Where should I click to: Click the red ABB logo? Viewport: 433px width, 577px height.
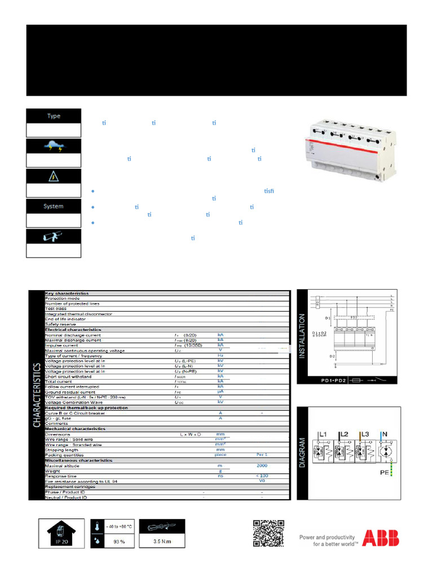tap(380, 538)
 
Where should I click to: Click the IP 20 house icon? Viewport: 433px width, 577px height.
tap(62, 532)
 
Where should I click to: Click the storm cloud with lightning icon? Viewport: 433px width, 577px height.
tap(54, 147)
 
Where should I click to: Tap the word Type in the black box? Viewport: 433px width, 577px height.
tap(54, 116)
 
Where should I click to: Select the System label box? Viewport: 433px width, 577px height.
tap(54, 206)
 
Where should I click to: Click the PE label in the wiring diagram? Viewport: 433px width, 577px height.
tap(384, 474)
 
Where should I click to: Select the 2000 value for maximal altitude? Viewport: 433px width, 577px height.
tap(261, 465)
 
